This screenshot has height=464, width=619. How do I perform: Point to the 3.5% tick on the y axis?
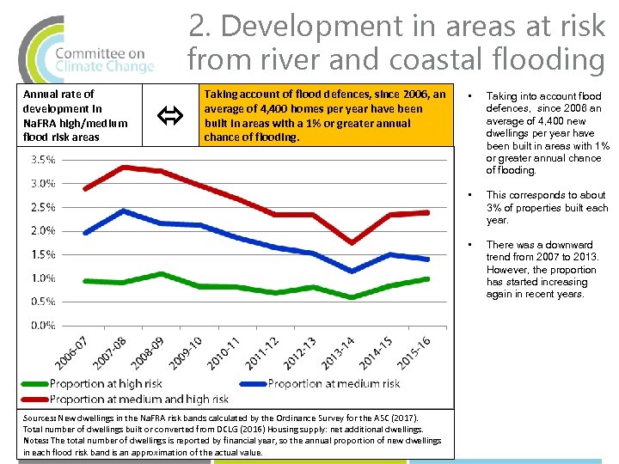tap(43, 160)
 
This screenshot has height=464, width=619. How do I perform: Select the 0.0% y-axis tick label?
tap(43, 326)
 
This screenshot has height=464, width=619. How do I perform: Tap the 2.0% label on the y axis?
tap(43, 231)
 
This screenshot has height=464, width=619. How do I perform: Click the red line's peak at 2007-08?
tap(124, 167)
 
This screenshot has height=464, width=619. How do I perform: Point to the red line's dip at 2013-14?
tap(352, 242)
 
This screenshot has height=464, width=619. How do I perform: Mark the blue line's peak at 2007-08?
tap(124, 211)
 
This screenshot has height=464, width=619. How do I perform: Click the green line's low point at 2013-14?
tap(352, 297)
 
